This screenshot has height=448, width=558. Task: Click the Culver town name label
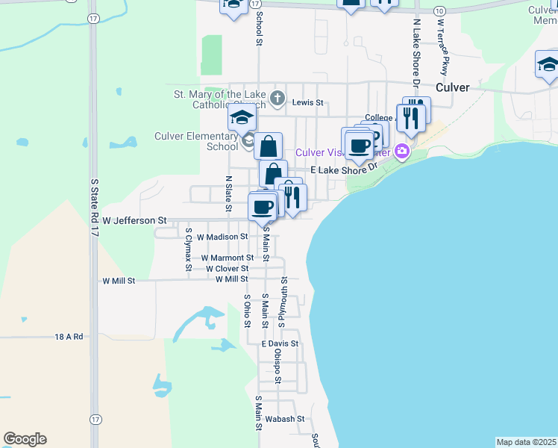[453, 87]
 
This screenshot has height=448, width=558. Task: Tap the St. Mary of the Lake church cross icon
[277, 98]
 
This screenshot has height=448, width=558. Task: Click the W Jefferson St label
[134, 221]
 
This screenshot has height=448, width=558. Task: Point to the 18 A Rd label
[68, 337]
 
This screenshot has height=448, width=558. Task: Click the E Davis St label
[280, 343]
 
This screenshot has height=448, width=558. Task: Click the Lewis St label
[308, 102]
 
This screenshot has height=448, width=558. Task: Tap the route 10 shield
[440, 10]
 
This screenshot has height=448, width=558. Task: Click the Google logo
[25, 439]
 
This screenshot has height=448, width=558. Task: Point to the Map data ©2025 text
[526, 442]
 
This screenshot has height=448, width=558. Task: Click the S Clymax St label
[189, 249]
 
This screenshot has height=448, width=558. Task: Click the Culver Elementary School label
[196, 141]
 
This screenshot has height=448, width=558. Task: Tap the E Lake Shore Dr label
[344, 170]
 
